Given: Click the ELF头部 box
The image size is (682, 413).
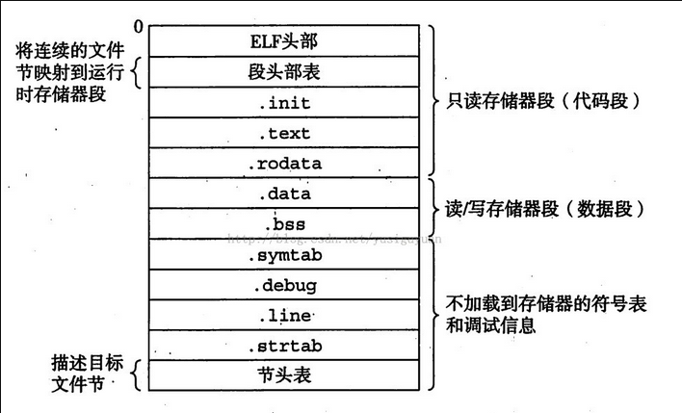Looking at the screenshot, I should (284, 40).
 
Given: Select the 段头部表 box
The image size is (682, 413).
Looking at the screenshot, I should (284, 71).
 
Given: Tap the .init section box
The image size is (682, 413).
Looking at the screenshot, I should (284, 102).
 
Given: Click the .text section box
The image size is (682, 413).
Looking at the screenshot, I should (284, 133).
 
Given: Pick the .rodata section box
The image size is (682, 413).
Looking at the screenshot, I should (284, 164).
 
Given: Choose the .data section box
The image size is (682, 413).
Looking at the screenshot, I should (284, 194).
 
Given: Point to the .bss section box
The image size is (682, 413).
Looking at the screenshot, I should (284, 224).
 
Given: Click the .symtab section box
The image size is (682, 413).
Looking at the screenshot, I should (284, 255).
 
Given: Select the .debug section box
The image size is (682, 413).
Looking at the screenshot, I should (284, 285).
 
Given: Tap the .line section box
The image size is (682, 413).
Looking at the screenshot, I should (284, 315).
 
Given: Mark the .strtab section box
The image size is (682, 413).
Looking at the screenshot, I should (284, 345).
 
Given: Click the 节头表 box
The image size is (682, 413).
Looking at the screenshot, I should (284, 374).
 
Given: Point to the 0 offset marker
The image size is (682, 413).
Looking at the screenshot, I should (139, 25).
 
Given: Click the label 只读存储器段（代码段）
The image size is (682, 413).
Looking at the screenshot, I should (544, 100).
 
